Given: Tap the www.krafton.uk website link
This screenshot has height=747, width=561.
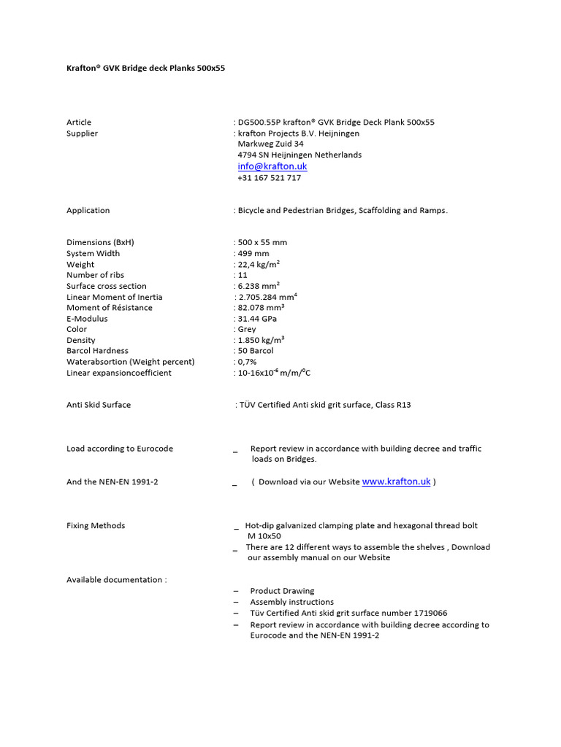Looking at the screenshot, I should click(x=396, y=481).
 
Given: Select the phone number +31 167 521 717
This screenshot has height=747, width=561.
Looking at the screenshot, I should click(x=269, y=178).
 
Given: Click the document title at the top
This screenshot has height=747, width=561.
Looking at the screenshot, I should click(x=147, y=68).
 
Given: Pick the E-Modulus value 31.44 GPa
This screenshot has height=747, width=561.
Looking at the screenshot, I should click(x=257, y=319).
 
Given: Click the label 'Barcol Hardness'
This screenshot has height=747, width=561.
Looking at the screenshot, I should click(x=97, y=351).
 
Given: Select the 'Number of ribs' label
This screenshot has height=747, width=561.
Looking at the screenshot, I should click(x=95, y=276).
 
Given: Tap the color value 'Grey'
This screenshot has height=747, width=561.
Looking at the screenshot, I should click(x=247, y=330).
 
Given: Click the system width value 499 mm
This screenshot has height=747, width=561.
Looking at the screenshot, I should click(x=253, y=254).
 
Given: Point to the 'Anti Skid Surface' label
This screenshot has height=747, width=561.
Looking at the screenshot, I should click(x=99, y=405).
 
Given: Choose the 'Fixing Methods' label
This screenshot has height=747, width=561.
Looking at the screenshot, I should click(x=96, y=525).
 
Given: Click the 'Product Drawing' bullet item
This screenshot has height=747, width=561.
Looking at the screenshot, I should click(x=282, y=591).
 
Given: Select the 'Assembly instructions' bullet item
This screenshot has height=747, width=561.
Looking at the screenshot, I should click(x=291, y=603).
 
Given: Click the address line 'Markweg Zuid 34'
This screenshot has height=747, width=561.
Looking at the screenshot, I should click(x=270, y=144).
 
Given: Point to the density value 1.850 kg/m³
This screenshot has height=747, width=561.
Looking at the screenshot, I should click(x=261, y=341).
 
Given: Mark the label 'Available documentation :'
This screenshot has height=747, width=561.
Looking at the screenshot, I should click(x=116, y=580).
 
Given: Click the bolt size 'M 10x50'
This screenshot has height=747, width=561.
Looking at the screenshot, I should click(x=264, y=536).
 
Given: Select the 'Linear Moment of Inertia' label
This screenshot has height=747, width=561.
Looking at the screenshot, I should click(x=115, y=297).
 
